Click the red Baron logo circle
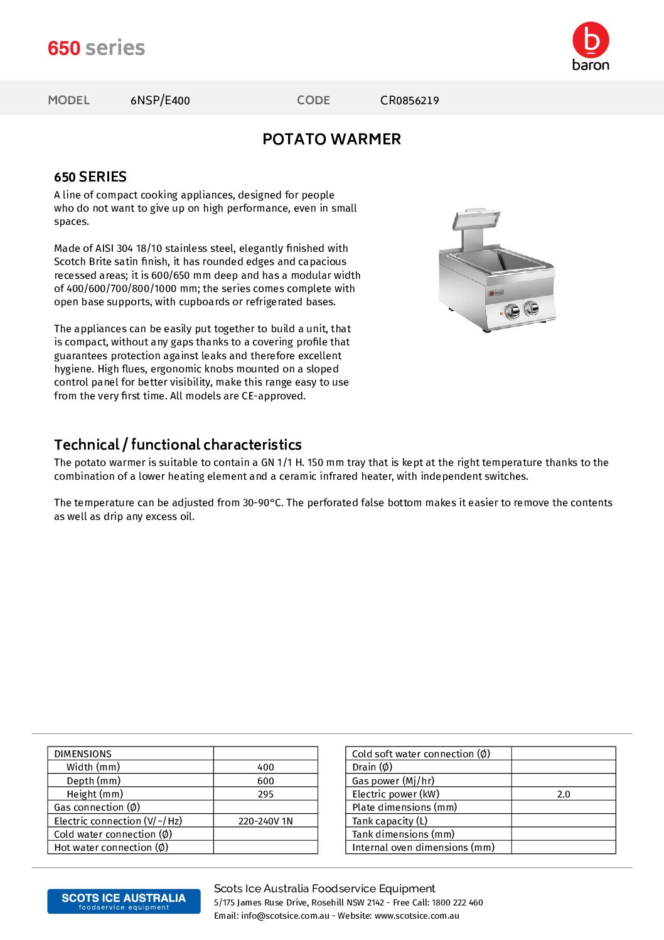(591, 40)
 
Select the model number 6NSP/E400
(160, 100)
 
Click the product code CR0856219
(409, 100)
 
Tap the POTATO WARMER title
(331, 139)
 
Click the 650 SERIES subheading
(90, 177)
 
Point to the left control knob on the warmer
(512, 310)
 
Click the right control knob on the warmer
(531, 307)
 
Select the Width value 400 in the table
(265, 767)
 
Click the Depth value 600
(265, 781)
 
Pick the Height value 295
(265, 794)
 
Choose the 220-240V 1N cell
(265, 821)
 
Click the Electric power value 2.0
(564, 794)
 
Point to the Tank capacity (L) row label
(390, 821)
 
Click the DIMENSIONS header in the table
(83, 754)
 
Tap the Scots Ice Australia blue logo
(124, 901)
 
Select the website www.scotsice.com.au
(417, 916)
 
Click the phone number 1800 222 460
(457, 903)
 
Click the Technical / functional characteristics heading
(178, 445)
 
